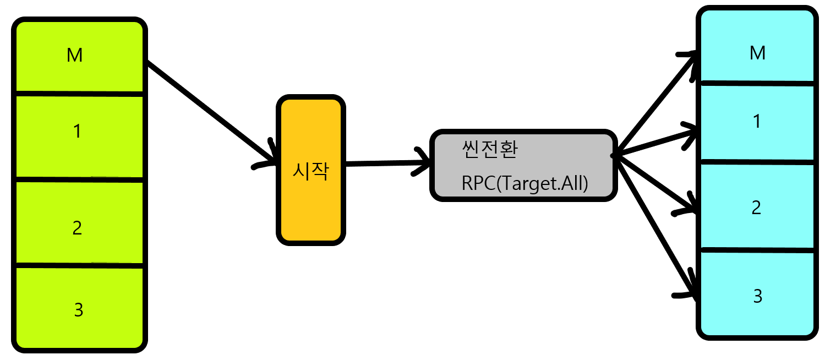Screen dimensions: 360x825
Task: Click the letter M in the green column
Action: [74, 55]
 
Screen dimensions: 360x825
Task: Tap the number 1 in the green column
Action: [77, 131]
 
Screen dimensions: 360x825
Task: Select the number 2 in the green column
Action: [77, 227]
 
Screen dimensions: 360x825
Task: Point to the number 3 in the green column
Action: [78, 310]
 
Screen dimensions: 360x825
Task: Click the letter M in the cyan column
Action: [757, 53]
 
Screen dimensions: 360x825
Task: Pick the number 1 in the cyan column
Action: [757, 121]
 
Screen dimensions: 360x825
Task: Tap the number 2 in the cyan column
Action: [756, 208]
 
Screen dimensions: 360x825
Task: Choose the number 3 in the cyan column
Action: [757, 296]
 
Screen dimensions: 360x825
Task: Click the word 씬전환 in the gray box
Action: [490, 150]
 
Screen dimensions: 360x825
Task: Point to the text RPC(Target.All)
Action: [525, 184]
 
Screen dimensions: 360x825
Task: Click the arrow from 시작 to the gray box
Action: [385, 163]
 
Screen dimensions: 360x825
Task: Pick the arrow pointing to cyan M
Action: [655, 105]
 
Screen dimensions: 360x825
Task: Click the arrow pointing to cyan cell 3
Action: [655, 226]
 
